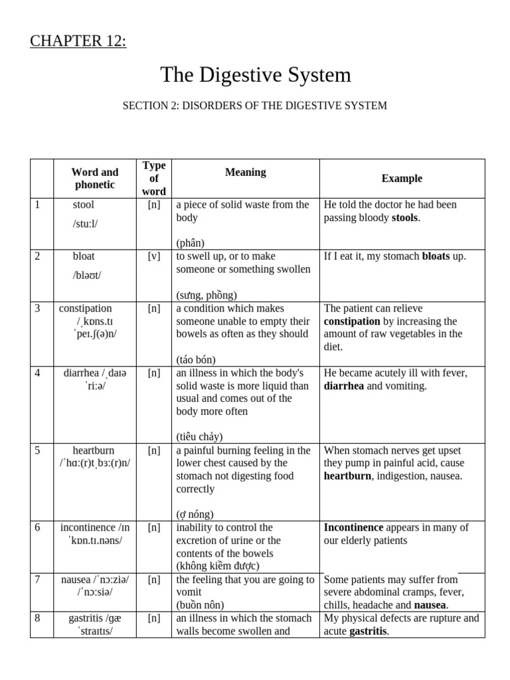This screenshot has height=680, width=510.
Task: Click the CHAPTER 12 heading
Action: pos(78,41)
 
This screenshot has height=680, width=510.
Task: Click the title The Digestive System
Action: pos(255,74)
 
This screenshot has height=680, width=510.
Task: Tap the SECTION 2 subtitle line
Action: pos(254,106)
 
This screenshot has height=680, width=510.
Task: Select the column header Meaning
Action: pos(245,172)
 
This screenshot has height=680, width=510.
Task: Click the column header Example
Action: pos(402,178)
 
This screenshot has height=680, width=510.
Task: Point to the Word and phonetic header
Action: pos(95,178)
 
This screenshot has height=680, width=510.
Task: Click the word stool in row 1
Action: pos(84,205)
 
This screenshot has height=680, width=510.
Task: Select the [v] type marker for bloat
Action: pos(154,256)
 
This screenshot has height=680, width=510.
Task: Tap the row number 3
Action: pos(38,308)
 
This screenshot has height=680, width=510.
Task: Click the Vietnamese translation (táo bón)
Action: pos(196,359)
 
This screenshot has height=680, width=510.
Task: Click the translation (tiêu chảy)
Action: pos(199,436)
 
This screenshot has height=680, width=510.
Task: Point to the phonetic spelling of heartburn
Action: pos(94,463)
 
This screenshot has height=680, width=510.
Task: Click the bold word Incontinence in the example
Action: pos(353,527)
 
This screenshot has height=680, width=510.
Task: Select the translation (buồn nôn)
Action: pos(201,605)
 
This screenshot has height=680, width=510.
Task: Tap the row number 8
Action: pos(38,618)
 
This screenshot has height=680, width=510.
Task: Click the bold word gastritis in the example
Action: pos(364,631)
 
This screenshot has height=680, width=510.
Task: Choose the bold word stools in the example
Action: pos(405,218)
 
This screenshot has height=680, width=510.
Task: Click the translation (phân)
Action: pos(191,243)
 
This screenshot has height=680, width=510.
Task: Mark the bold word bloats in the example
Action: pos(436,256)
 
